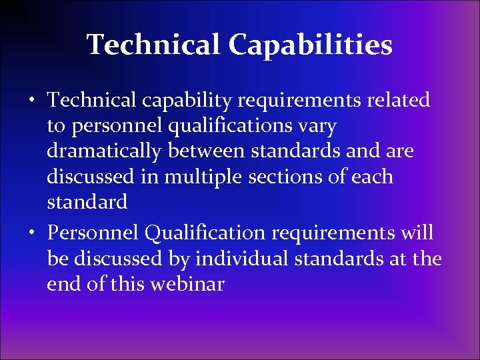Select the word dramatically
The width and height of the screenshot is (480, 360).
pos(103,152)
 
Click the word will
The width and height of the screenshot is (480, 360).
pos(417,233)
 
